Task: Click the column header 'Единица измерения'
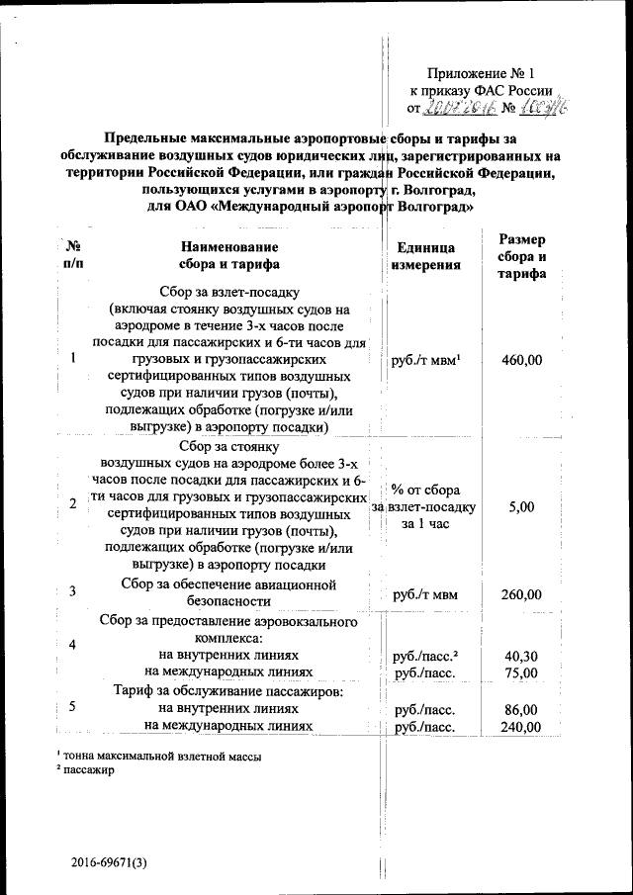tap(425, 255)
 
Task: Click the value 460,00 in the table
tap(521, 360)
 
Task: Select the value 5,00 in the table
tap(521, 506)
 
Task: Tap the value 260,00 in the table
tap(521, 594)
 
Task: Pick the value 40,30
tap(521, 656)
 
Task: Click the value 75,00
tap(521, 672)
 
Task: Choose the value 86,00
tap(521, 710)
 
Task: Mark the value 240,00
tap(521, 727)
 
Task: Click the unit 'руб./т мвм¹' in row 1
tap(428, 360)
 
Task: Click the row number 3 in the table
tap(74, 592)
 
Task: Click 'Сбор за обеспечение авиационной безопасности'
tap(229, 592)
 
